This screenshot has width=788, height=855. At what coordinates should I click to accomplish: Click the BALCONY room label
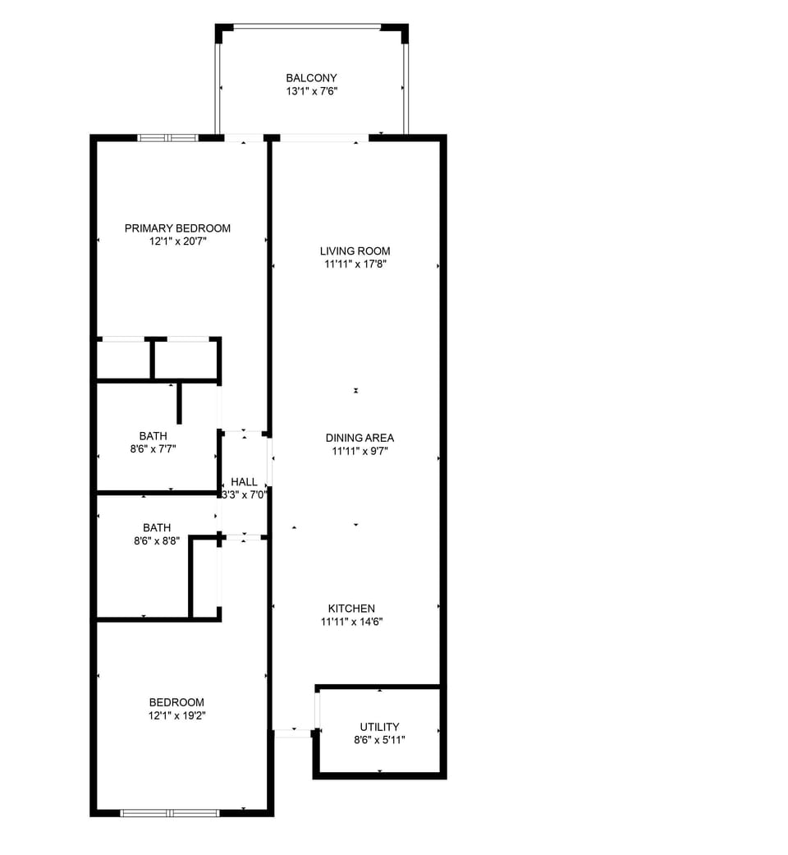(311, 78)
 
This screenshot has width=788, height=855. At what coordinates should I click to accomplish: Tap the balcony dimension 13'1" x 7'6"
(311, 92)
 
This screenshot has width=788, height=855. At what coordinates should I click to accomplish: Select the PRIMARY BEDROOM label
(177, 228)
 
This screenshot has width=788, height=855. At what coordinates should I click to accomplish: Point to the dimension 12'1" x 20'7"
(177, 241)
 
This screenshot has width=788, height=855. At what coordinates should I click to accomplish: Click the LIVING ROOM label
(355, 251)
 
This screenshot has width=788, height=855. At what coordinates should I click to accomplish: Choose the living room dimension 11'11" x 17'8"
(355, 264)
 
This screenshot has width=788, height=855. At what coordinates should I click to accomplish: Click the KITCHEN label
(351, 609)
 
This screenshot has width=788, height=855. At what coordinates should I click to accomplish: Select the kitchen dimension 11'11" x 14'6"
(351, 622)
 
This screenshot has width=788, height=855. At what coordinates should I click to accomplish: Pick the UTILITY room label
(379, 727)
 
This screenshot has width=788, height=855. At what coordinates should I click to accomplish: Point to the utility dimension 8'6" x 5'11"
(379, 740)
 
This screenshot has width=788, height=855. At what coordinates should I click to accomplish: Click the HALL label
(244, 482)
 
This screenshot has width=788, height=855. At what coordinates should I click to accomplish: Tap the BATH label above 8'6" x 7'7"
(153, 436)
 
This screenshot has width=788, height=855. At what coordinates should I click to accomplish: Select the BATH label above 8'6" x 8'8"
(157, 528)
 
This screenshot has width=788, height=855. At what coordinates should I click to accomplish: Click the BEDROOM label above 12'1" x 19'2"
(176, 702)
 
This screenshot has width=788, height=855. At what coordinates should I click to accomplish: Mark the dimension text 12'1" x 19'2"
(176, 715)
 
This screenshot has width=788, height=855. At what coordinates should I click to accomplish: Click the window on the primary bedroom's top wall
(168, 138)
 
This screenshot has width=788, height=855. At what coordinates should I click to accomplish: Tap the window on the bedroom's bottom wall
(170, 813)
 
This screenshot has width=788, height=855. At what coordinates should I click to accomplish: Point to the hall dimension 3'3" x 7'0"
(244, 495)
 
